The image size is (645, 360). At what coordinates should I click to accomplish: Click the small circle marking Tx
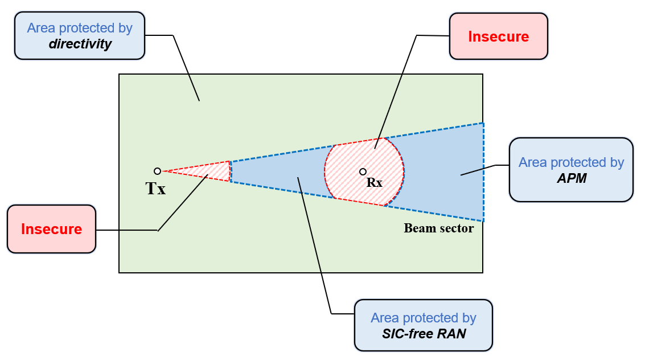158,171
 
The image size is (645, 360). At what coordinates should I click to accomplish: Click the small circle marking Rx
363,171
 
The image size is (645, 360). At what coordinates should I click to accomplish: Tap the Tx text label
155,189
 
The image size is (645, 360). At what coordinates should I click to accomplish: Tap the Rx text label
374,183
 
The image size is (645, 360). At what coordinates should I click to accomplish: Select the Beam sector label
438,228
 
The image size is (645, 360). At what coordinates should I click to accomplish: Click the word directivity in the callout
80,44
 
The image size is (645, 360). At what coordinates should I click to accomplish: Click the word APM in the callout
571,178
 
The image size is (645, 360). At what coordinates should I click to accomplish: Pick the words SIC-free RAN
423,334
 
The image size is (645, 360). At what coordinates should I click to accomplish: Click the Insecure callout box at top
498,36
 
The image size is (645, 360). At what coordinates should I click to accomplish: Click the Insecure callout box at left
51,229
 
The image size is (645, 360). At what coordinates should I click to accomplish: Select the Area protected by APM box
571,170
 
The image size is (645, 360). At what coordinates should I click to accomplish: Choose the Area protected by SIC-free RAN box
423,325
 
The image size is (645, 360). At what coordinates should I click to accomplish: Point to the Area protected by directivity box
80,35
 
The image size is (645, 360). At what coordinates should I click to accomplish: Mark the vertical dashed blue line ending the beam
483,171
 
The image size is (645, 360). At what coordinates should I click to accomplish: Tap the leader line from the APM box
478,170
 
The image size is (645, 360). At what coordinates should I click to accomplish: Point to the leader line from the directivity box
186,68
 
